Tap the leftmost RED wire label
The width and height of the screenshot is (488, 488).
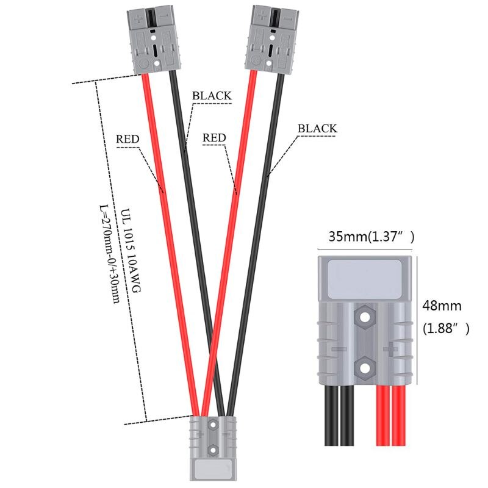click(127, 139)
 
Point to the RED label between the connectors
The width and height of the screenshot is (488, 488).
click(214, 138)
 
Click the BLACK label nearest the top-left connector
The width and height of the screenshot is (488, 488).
click(212, 96)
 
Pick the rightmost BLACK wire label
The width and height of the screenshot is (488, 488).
click(317, 128)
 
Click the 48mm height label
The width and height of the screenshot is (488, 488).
click(442, 306)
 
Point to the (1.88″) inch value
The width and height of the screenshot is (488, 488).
click(446, 329)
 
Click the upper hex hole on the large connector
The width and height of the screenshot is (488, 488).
click(365, 317)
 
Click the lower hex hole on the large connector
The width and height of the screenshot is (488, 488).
click(365, 368)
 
